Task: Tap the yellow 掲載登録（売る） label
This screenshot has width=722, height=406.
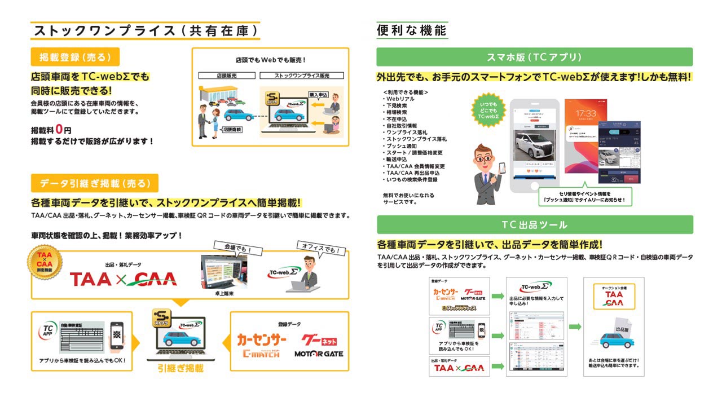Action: coord(75,57)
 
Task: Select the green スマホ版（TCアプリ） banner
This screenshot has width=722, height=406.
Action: coord(534,57)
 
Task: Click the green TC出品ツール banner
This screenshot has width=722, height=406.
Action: coord(534,224)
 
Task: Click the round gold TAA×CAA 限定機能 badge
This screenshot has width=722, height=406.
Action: coord(45,263)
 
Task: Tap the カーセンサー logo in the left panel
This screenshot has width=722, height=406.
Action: coord(262,340)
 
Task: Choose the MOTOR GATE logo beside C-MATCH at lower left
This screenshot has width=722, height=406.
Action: coord(319,354)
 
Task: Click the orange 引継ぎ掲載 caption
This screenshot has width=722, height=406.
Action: coord(180,368)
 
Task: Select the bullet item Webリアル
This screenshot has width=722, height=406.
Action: coord(401,99)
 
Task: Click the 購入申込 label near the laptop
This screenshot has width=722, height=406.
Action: coord(318,95)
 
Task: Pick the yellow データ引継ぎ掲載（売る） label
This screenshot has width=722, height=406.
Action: coord(94,183)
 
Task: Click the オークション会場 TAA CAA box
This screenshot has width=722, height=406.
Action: coord(614,297)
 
